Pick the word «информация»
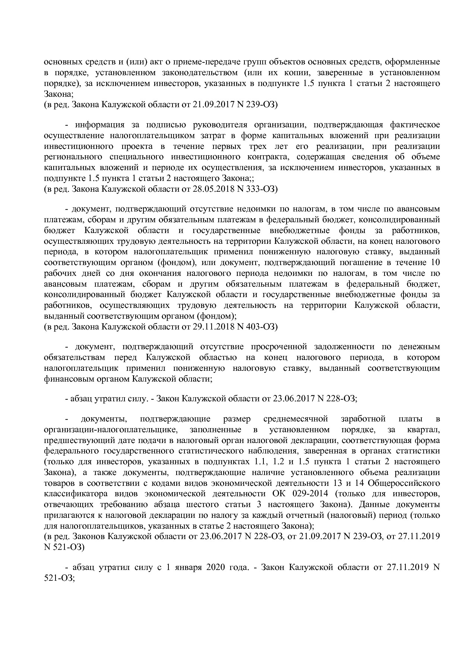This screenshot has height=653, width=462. click(100, 124)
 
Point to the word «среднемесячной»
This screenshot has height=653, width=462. click(295, 419)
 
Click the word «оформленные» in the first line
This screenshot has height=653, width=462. click(417, 61)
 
